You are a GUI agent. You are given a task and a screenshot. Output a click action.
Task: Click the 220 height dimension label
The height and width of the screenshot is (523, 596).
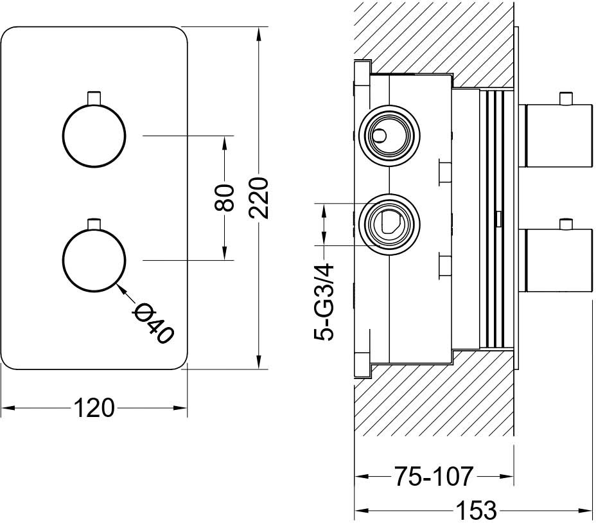(x=259, y=197)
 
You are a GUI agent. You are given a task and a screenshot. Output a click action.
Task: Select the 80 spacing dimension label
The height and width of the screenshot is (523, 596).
(x=224, y=198)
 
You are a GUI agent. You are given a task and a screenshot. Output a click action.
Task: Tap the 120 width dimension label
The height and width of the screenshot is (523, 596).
(x=94, y=407)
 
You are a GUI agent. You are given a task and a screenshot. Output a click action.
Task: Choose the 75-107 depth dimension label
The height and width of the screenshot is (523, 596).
(x=434, y=476)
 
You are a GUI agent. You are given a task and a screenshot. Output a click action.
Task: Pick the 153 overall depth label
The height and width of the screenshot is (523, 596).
(x=476, y=510)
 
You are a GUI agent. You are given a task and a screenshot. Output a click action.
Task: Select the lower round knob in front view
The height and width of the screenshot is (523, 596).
(x=94, y=261)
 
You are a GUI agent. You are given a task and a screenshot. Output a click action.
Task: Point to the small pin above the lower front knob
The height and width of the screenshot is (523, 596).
(x=94, y=224)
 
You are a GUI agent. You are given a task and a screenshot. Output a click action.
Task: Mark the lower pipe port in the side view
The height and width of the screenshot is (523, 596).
(x=390, y=224)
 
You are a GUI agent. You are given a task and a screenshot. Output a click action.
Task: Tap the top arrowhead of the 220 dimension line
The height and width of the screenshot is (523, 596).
(x=258, y=33)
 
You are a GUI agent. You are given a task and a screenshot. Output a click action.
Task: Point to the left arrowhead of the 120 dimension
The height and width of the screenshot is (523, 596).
(x=8, y=408)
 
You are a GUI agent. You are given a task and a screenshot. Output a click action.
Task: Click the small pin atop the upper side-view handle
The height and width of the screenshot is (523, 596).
(x=566, y=98)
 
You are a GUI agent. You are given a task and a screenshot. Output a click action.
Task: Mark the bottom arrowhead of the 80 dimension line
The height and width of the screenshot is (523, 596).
(x=224, y=253)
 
